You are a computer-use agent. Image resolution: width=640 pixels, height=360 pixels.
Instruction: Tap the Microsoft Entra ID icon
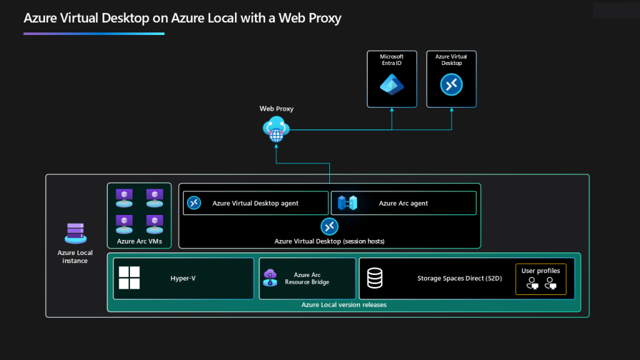point(392,84)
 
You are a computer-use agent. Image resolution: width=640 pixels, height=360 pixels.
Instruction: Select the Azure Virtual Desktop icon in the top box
point(451,84)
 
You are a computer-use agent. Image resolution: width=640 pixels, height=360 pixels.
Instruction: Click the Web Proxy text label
point(276,109)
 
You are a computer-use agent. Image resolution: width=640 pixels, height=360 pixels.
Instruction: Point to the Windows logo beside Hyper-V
point(129,278)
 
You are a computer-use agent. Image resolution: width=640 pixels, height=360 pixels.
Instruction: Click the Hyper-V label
point(183,278)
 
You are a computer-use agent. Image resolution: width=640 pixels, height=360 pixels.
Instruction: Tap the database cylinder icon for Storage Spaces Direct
point(375,278)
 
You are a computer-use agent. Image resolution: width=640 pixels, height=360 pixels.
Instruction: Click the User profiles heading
point(541,271)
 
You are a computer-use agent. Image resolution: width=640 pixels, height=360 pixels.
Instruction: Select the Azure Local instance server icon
point(75,233)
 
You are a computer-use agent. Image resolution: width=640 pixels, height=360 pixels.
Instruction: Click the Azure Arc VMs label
point(139,241)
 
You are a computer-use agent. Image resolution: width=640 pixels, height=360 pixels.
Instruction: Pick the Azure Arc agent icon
point(347,203)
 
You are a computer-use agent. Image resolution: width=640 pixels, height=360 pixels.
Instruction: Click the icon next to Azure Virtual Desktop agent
point(194,203)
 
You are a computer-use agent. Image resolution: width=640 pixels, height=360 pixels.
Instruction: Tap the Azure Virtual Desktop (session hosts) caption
point(329,241)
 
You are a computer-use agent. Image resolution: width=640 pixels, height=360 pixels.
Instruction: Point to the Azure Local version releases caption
point(344,305)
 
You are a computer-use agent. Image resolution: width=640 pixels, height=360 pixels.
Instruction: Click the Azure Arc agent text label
point(403,203)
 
